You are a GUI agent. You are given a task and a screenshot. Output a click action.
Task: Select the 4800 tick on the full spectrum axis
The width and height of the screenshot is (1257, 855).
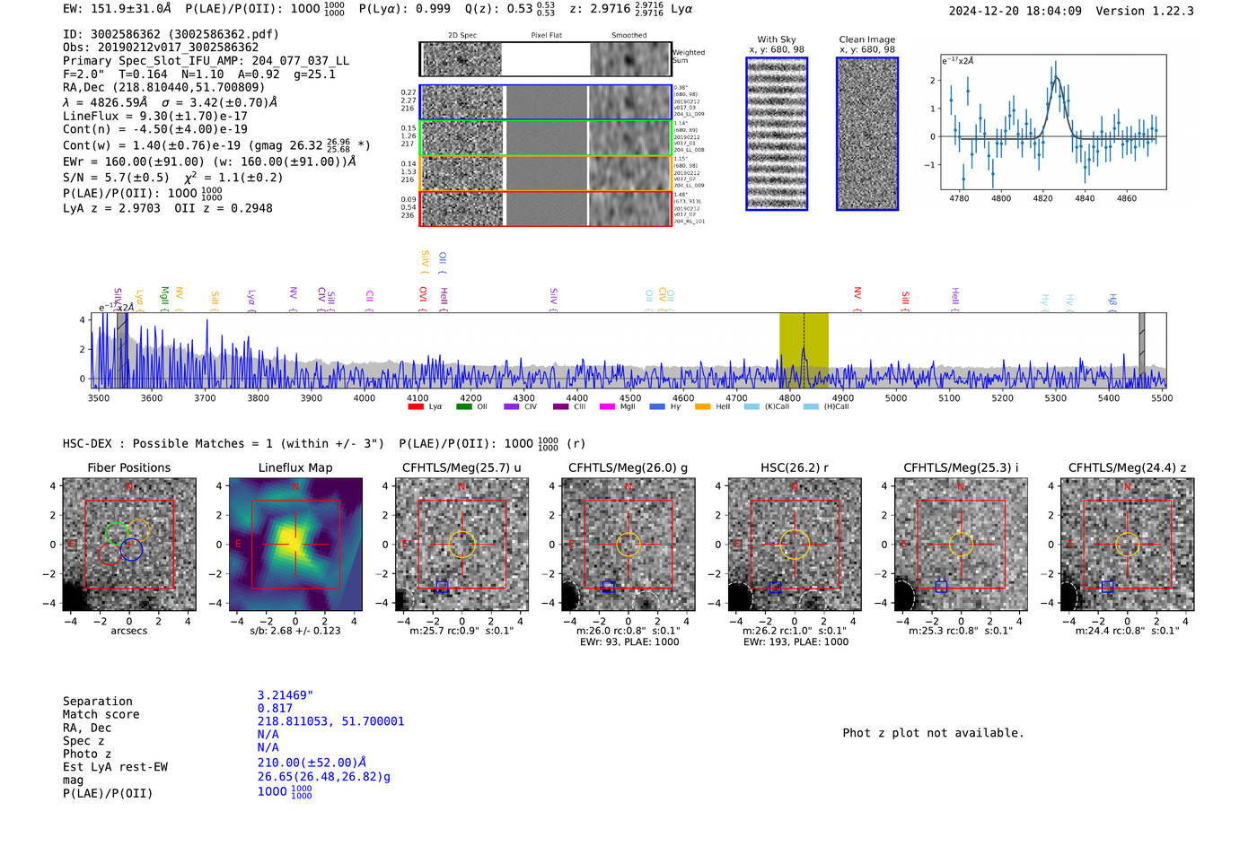click(x=789, y=398)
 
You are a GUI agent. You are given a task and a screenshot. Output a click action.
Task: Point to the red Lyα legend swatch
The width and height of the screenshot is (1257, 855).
click(x=416, y=407)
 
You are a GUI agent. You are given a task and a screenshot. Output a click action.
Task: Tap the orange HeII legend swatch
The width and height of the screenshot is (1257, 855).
click(x=702, y=407)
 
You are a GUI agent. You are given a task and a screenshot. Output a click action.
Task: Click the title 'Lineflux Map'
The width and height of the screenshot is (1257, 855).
click(x=294, y=467)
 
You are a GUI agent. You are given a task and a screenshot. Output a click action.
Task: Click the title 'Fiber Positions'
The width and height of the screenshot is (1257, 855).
click(x=128, y=467)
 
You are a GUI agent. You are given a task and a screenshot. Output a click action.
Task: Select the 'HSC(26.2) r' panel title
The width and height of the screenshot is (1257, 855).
click(x=794, y=467)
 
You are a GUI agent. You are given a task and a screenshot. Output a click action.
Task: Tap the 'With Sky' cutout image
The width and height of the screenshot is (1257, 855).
click(x=777, y=134)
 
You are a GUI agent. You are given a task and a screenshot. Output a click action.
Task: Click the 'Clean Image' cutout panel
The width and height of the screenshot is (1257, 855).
click(x=867, y=134)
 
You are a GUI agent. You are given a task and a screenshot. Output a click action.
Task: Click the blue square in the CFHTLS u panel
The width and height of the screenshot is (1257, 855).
click(x=442, y=587)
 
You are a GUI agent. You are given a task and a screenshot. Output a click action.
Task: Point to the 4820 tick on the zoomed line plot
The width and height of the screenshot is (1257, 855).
click(x=1042, y=198)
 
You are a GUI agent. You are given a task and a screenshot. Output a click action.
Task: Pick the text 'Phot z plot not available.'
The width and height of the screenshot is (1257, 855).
click(x=933, y=733)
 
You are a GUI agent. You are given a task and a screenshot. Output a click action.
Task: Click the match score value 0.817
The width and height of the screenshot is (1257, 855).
click(x=275, y=709)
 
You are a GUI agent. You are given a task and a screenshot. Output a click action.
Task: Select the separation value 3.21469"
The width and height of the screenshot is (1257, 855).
click(x=285, y=695)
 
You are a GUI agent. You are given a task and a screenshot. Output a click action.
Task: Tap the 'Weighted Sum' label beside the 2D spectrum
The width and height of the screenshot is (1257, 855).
click(x=689, y=57)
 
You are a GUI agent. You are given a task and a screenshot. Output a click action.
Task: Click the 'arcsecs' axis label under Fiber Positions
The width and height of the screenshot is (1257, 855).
click(x=128, y=631)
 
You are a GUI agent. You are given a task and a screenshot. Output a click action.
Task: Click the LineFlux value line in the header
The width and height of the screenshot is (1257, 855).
click(x=154, y=116)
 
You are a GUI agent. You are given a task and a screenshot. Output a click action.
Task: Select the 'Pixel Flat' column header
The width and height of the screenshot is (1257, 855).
click(x=546, y=35)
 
